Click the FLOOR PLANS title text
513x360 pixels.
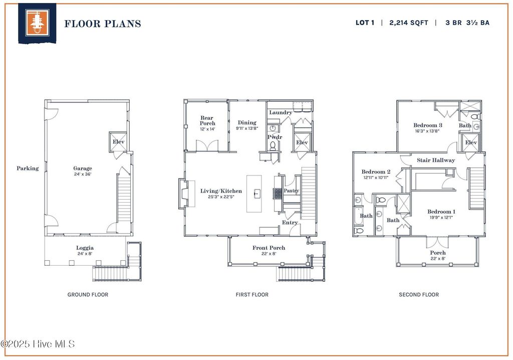(102, 24)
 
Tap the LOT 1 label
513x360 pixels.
(365, 23)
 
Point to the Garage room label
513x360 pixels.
(83, 168)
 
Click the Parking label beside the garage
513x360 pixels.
(28, 168)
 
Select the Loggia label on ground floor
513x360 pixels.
(85, 248)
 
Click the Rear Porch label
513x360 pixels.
(207, 120)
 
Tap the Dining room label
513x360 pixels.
(247, 122)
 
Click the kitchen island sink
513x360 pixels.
(256, 193)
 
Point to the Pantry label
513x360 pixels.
(292, 191)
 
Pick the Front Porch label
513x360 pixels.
(269, 248)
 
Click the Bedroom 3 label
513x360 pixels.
(428, 125)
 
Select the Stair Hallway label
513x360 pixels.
(436, 160)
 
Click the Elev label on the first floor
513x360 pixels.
(302, 142)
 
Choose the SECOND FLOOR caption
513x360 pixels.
(419, 295)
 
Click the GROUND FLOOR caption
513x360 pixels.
(88, 295)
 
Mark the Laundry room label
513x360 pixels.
(280, 112)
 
